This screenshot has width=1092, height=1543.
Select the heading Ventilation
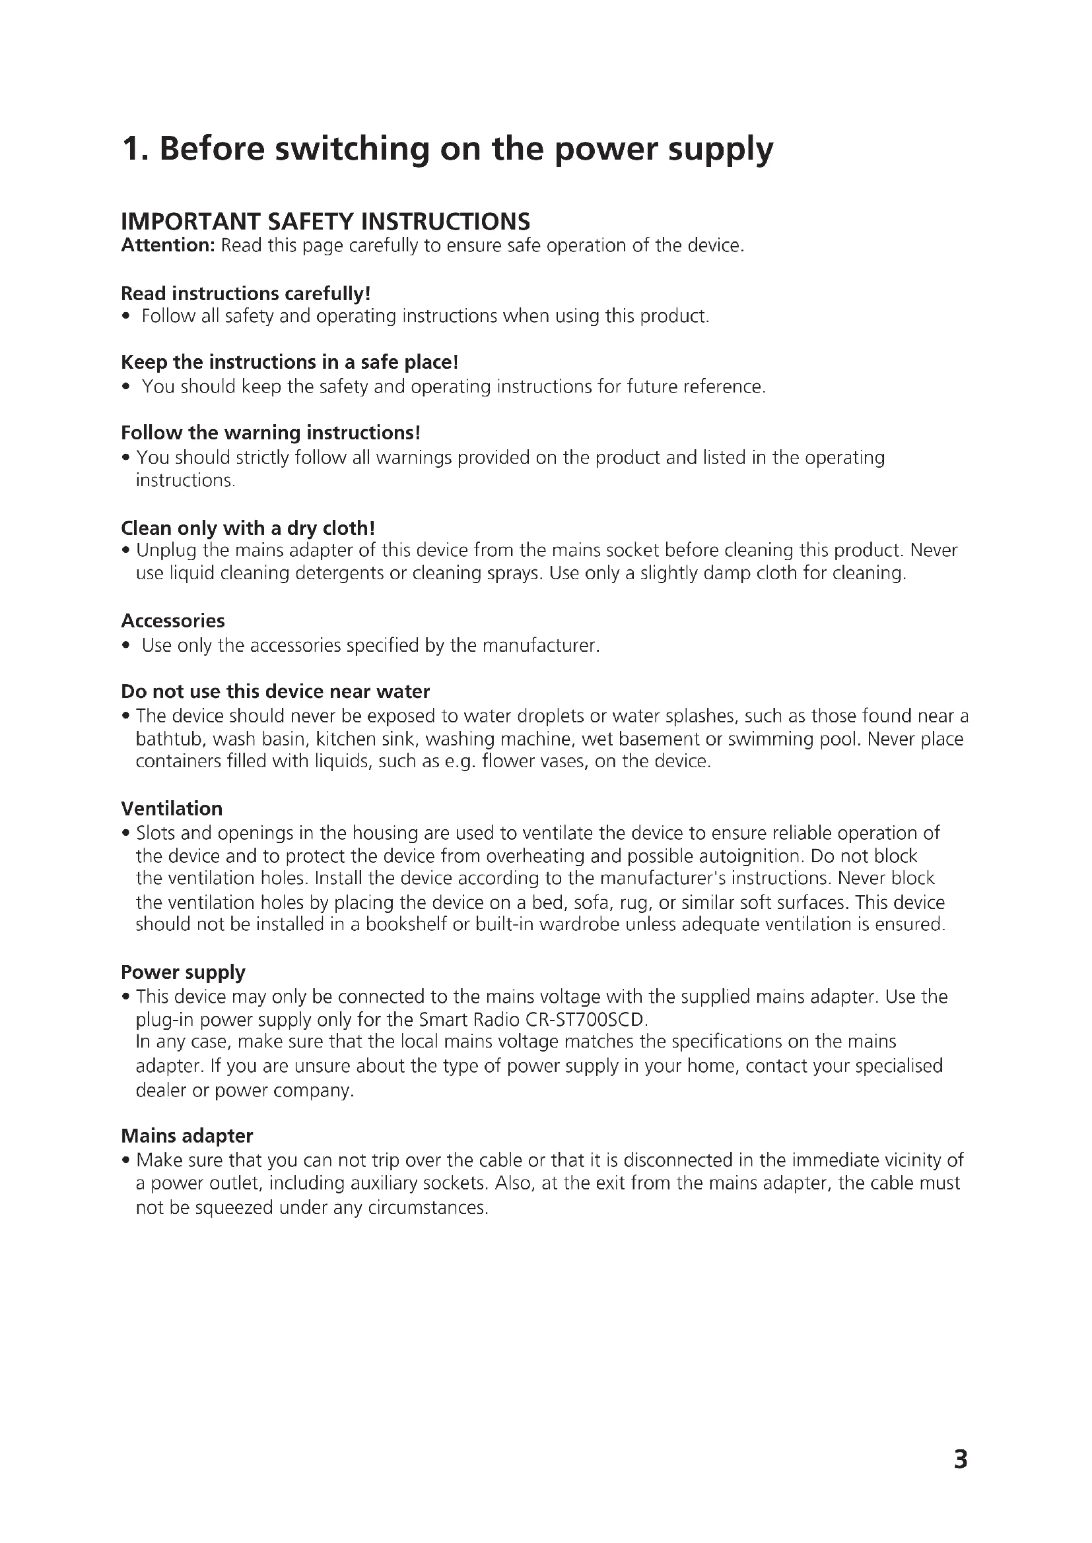coord(172,809)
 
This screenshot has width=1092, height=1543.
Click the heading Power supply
coord(183,972)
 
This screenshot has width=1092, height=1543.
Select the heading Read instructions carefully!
coord(246,294)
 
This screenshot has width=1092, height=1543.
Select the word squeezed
coord(234,1208)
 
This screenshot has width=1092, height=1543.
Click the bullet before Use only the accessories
coord(125,646)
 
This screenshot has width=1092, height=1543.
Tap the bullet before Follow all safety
coord(125,317)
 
